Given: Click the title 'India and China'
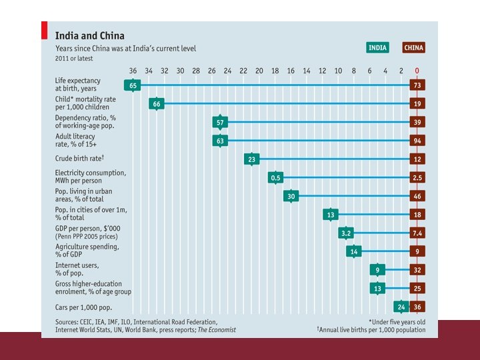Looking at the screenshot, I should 89,35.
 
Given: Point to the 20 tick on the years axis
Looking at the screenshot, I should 259,71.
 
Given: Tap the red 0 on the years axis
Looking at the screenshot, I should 417,71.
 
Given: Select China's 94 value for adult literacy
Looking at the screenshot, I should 417,141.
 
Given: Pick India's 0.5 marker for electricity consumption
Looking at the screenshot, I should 275,177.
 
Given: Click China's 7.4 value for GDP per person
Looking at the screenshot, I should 417,233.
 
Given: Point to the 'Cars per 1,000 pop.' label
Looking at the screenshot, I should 83,307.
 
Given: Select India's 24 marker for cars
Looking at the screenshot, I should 401,307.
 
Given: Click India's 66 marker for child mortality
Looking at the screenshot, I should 157,103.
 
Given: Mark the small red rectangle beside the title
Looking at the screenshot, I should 45,31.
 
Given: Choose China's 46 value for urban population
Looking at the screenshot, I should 417,196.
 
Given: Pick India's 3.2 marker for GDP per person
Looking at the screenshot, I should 346,233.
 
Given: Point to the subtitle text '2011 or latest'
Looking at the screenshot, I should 73,59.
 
